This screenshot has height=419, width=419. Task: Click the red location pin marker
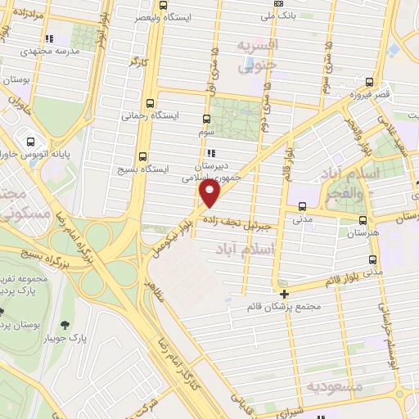point(210,193)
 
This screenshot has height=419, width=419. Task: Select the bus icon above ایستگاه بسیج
point(143,156)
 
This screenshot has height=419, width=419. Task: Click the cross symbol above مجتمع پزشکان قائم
point(284,294)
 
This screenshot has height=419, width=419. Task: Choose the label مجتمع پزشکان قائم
point(284,308)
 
